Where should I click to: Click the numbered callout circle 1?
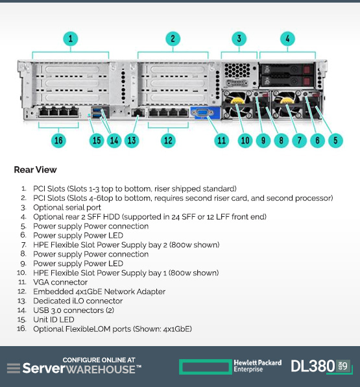pos(71,39)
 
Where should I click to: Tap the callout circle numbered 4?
pos(287,39)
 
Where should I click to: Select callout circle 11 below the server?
pos(221,140)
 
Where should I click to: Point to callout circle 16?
pos(58,140)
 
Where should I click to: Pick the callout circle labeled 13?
pos(132,140)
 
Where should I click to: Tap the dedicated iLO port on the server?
pos(138,113)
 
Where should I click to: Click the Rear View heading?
pos(35,169)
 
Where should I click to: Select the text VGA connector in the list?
pos(60,282)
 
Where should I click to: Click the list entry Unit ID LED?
pos(54,319)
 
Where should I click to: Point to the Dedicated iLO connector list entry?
pos(78,301)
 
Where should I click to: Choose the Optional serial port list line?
pos(67,208)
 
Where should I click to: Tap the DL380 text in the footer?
pos(313,366)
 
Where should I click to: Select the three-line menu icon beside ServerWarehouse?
pos(14,368)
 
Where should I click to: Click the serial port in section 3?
pos(237,83)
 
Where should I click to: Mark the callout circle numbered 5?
pos(335,140)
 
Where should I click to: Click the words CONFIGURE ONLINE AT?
pos(99,360)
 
